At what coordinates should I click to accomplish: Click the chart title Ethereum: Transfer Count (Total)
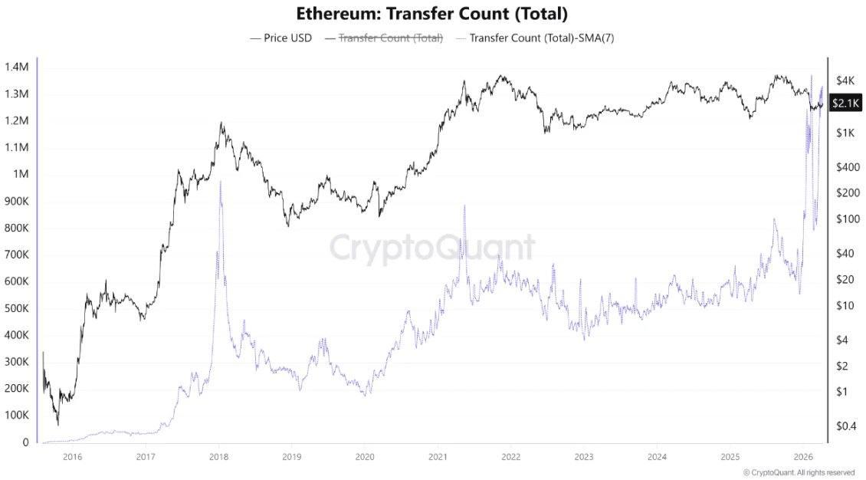[431, 14]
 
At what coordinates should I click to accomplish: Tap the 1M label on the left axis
[20, 174]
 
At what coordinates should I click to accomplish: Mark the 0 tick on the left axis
[25, 442]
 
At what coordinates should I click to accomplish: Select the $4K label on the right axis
[845, 81]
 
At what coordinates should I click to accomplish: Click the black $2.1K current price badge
[846, 104]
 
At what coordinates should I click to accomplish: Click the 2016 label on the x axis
[72, 457]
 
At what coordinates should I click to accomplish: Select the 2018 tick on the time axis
[218, 457]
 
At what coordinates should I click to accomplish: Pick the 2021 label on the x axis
[437, 457]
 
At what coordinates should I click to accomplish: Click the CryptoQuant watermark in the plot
[431, 248]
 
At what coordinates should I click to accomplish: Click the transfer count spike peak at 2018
[221, 181]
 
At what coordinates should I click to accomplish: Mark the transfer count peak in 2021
[464, 205]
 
